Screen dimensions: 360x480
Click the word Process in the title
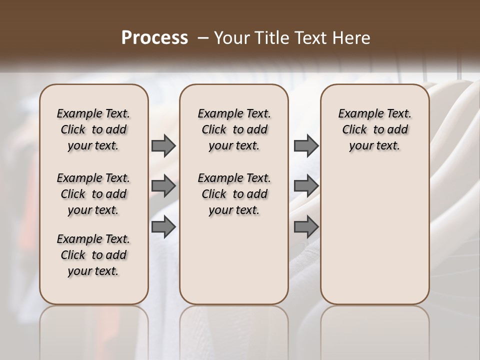pyautogui.click(x=154, y=38)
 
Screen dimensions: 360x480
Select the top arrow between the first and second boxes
pyautogui.click(x=163, y=145)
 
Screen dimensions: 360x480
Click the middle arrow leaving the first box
pyautogui.click(x=163, y=186)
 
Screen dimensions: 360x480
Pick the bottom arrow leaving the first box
pyautogui.click(x=163, y=226)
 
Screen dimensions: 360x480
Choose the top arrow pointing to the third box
pyautogui.click(x=306, y=145)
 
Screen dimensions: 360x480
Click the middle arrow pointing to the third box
pyautogui.click(x=306, y=186)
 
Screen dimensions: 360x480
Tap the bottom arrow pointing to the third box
pyautogui.click(x=306, y=226)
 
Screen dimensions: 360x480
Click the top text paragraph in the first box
pyautogui.click(x=93, y=129)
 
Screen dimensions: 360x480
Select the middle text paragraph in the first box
pyautogui.click(x=93, y=194)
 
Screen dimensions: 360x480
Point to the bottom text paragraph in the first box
pyautogui.click(x=93, y=255)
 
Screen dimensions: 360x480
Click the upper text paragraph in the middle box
pyautogui.click(x=234, y=129)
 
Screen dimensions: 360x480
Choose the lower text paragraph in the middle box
pyautogui.click(x=234, y=194)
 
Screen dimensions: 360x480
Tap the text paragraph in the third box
pyautogui.click(x=374, y=129)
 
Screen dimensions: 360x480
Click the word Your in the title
pyautogui.click(x=229, y=38)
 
